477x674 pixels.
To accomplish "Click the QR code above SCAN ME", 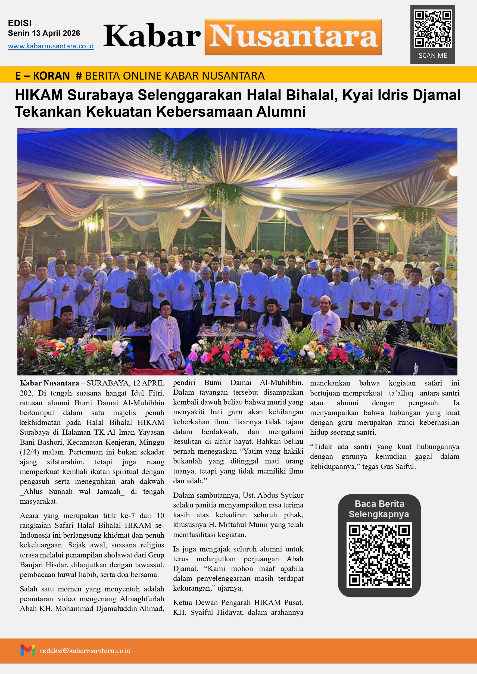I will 432,29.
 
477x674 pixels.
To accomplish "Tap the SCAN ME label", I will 433,55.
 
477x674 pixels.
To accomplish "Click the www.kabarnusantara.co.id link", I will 51,46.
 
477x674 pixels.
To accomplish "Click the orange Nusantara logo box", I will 293,37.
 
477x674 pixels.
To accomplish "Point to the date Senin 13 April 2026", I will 44,33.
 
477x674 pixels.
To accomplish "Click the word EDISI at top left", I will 20,23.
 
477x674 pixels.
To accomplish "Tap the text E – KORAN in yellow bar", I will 42,76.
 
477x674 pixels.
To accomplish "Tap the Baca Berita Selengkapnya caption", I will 379,509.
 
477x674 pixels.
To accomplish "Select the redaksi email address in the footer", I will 85,651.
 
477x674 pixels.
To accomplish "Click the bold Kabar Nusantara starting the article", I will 49,383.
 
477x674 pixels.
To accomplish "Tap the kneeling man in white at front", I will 167,338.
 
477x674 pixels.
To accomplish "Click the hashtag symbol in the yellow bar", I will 79,76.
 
